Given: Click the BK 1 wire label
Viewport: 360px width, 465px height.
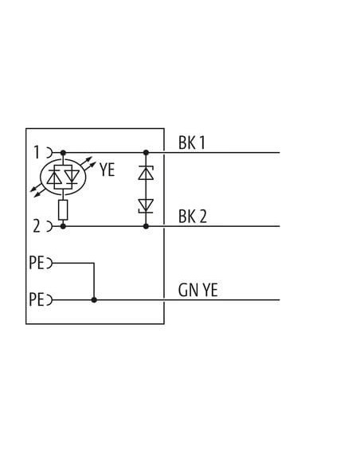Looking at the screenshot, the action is click(x=192, y=143).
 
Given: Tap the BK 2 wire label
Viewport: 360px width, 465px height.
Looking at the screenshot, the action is click(x=193, y=217).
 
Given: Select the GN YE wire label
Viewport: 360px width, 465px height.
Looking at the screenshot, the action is click(x=198, y=290).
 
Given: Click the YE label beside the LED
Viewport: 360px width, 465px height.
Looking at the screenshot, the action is click(x=107, y=170).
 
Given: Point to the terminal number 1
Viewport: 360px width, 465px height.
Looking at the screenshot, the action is click(x=37, y=152).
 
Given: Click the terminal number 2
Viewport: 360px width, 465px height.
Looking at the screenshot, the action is click(x=37, y=226).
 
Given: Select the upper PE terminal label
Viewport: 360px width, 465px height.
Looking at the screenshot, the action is click(x=37, y=263).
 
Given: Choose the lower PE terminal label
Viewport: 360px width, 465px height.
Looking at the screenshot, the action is click(x=37, y=299).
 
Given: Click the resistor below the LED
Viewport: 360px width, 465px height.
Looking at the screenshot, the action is click(x=63, y=209).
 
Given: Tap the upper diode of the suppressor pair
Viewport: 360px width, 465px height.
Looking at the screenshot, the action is click(x=146, y=173).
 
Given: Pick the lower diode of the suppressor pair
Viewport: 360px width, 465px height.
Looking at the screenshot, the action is click(x=146, y=206).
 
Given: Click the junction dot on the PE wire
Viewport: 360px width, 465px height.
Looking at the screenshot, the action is click(x=94, y=300).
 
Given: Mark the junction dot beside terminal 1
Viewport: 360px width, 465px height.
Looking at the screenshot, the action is click(x=63, y=153).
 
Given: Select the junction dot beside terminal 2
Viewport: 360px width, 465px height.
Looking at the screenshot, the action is click(x=63, y=226).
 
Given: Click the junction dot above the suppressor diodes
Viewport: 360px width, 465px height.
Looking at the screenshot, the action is click(x=146, y=153).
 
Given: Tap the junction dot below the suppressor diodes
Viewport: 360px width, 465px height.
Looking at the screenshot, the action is click(x=146, y=226).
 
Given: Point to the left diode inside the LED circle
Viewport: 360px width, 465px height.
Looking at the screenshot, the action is click(x=54, y=178).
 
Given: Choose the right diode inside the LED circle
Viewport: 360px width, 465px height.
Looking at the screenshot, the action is click(x=72, y=177).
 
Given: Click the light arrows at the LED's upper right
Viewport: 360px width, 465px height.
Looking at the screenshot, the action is click(x=88, y=164).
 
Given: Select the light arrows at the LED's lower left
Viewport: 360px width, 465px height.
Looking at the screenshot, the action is click(x=37, y=190).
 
